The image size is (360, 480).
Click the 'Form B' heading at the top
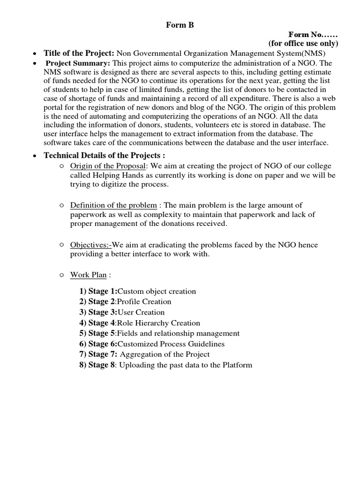tap(180, 26)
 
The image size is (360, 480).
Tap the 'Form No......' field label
tap(313, 35)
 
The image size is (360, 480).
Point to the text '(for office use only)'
tap(303, 44)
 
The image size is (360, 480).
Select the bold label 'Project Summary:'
tap(78, 63)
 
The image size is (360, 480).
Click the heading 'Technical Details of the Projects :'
tap(104, 156)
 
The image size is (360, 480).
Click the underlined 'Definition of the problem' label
tap(113, 205)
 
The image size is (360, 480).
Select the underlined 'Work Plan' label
tap(88, 275)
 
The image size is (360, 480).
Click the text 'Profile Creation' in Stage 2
tap(144, 301)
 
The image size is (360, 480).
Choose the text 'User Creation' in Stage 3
tap(141, 312)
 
